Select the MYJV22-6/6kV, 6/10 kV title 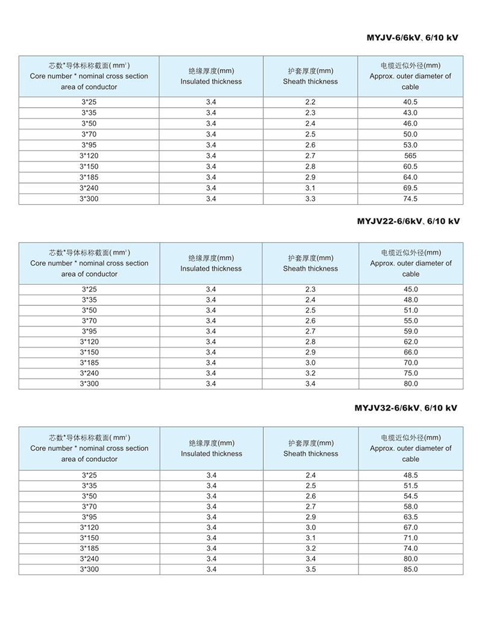point(408,221)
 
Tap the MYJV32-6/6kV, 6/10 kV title point(405,408)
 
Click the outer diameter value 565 point(410,156)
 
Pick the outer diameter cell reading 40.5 point(410,102)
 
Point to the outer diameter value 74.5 point(410,199)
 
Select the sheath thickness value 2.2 point(310,102)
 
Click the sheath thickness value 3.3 point(310,199)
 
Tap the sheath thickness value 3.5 point(310,569)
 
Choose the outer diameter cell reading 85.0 point(410,569)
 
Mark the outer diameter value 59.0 point(410,331)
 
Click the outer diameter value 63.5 point(410,517)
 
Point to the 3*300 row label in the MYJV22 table point(89,384)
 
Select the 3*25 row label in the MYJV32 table point(89,475)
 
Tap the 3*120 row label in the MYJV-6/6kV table point(89,156)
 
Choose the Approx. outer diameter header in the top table point(410,76)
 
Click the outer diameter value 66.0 point(410,352)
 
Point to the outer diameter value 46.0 point(410,124)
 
